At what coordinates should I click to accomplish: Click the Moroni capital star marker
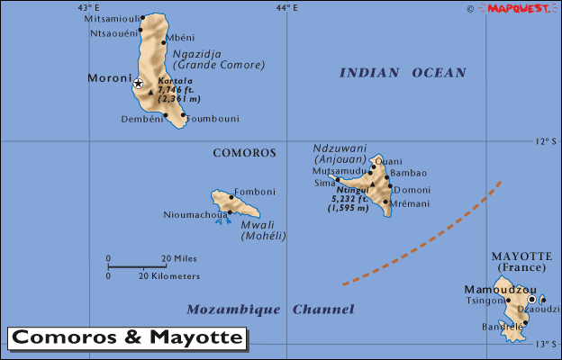pyautogui.click(x=138, y=83)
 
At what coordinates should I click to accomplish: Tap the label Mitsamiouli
pyautogui.click(x=112, y=18)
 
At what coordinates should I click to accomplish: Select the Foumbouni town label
pyautogui.click(x=212, y=118)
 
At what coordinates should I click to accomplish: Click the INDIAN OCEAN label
pyautogui.click(x=403, y=73)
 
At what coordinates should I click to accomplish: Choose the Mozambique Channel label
pyautogui.click(x=270, y=310)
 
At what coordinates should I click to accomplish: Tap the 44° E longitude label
pyautogui.click(x=286, y=8)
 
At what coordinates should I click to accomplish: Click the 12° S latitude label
pyautogui.click(x=546, y=141)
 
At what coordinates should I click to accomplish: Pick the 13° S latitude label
pyautogui.click(x=546, y=345)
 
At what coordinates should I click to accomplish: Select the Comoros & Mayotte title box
pyautogui.click(x=127, y=338)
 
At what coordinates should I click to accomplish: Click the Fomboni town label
pyautogui.click(x=254, y=191)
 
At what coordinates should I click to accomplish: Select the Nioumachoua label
pyautogui.click(x=194, y=214)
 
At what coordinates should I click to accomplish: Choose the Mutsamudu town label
pyautogui.click(x=340, y=170)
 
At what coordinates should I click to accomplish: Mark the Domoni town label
pyautogui.click(x=412, y=190)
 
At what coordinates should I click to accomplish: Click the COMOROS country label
pyautogui.click(x=244, y=153)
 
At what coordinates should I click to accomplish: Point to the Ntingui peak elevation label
pyautogui.click(x=350, y=199)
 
